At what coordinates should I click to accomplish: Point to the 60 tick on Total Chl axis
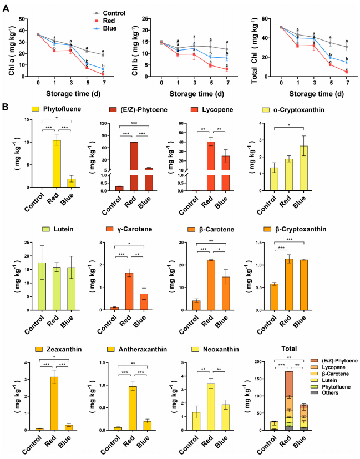(x=273, y=18)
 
